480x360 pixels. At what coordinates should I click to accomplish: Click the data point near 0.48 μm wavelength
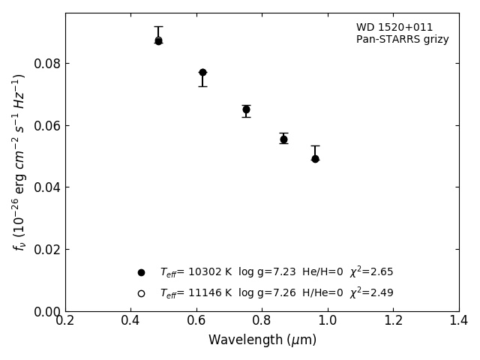coord(158,40)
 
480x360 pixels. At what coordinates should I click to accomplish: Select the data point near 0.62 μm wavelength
coord(202,73)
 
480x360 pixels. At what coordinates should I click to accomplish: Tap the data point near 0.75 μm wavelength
coord(246,109)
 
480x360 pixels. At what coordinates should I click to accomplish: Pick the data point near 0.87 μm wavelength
coord(283,139)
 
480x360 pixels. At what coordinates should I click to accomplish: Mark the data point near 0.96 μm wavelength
coord(315,158)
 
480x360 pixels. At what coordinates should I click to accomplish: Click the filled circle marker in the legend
coord(141,272)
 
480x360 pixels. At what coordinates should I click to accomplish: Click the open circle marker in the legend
coord(141,293)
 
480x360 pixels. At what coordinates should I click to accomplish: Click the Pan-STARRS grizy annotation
coord(402,40)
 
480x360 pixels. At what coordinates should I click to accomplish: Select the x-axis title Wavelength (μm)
coord(262,340)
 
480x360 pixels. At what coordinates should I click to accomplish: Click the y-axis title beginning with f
coord(19,161)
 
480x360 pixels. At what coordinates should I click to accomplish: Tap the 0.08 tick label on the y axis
coord(46,63)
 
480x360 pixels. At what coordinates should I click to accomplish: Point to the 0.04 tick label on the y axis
coord(46,187)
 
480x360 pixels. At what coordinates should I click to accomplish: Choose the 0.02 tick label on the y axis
coord(46,249)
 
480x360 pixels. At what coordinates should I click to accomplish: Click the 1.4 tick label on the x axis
coord(458,320)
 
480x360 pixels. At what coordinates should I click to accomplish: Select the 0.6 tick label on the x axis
coord(196,320)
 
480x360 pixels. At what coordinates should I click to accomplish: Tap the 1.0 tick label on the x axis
coord(327,320)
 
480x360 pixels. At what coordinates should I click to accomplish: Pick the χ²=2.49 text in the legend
coord(371,293)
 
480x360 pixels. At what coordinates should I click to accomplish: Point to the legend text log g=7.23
coord(262,272)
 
